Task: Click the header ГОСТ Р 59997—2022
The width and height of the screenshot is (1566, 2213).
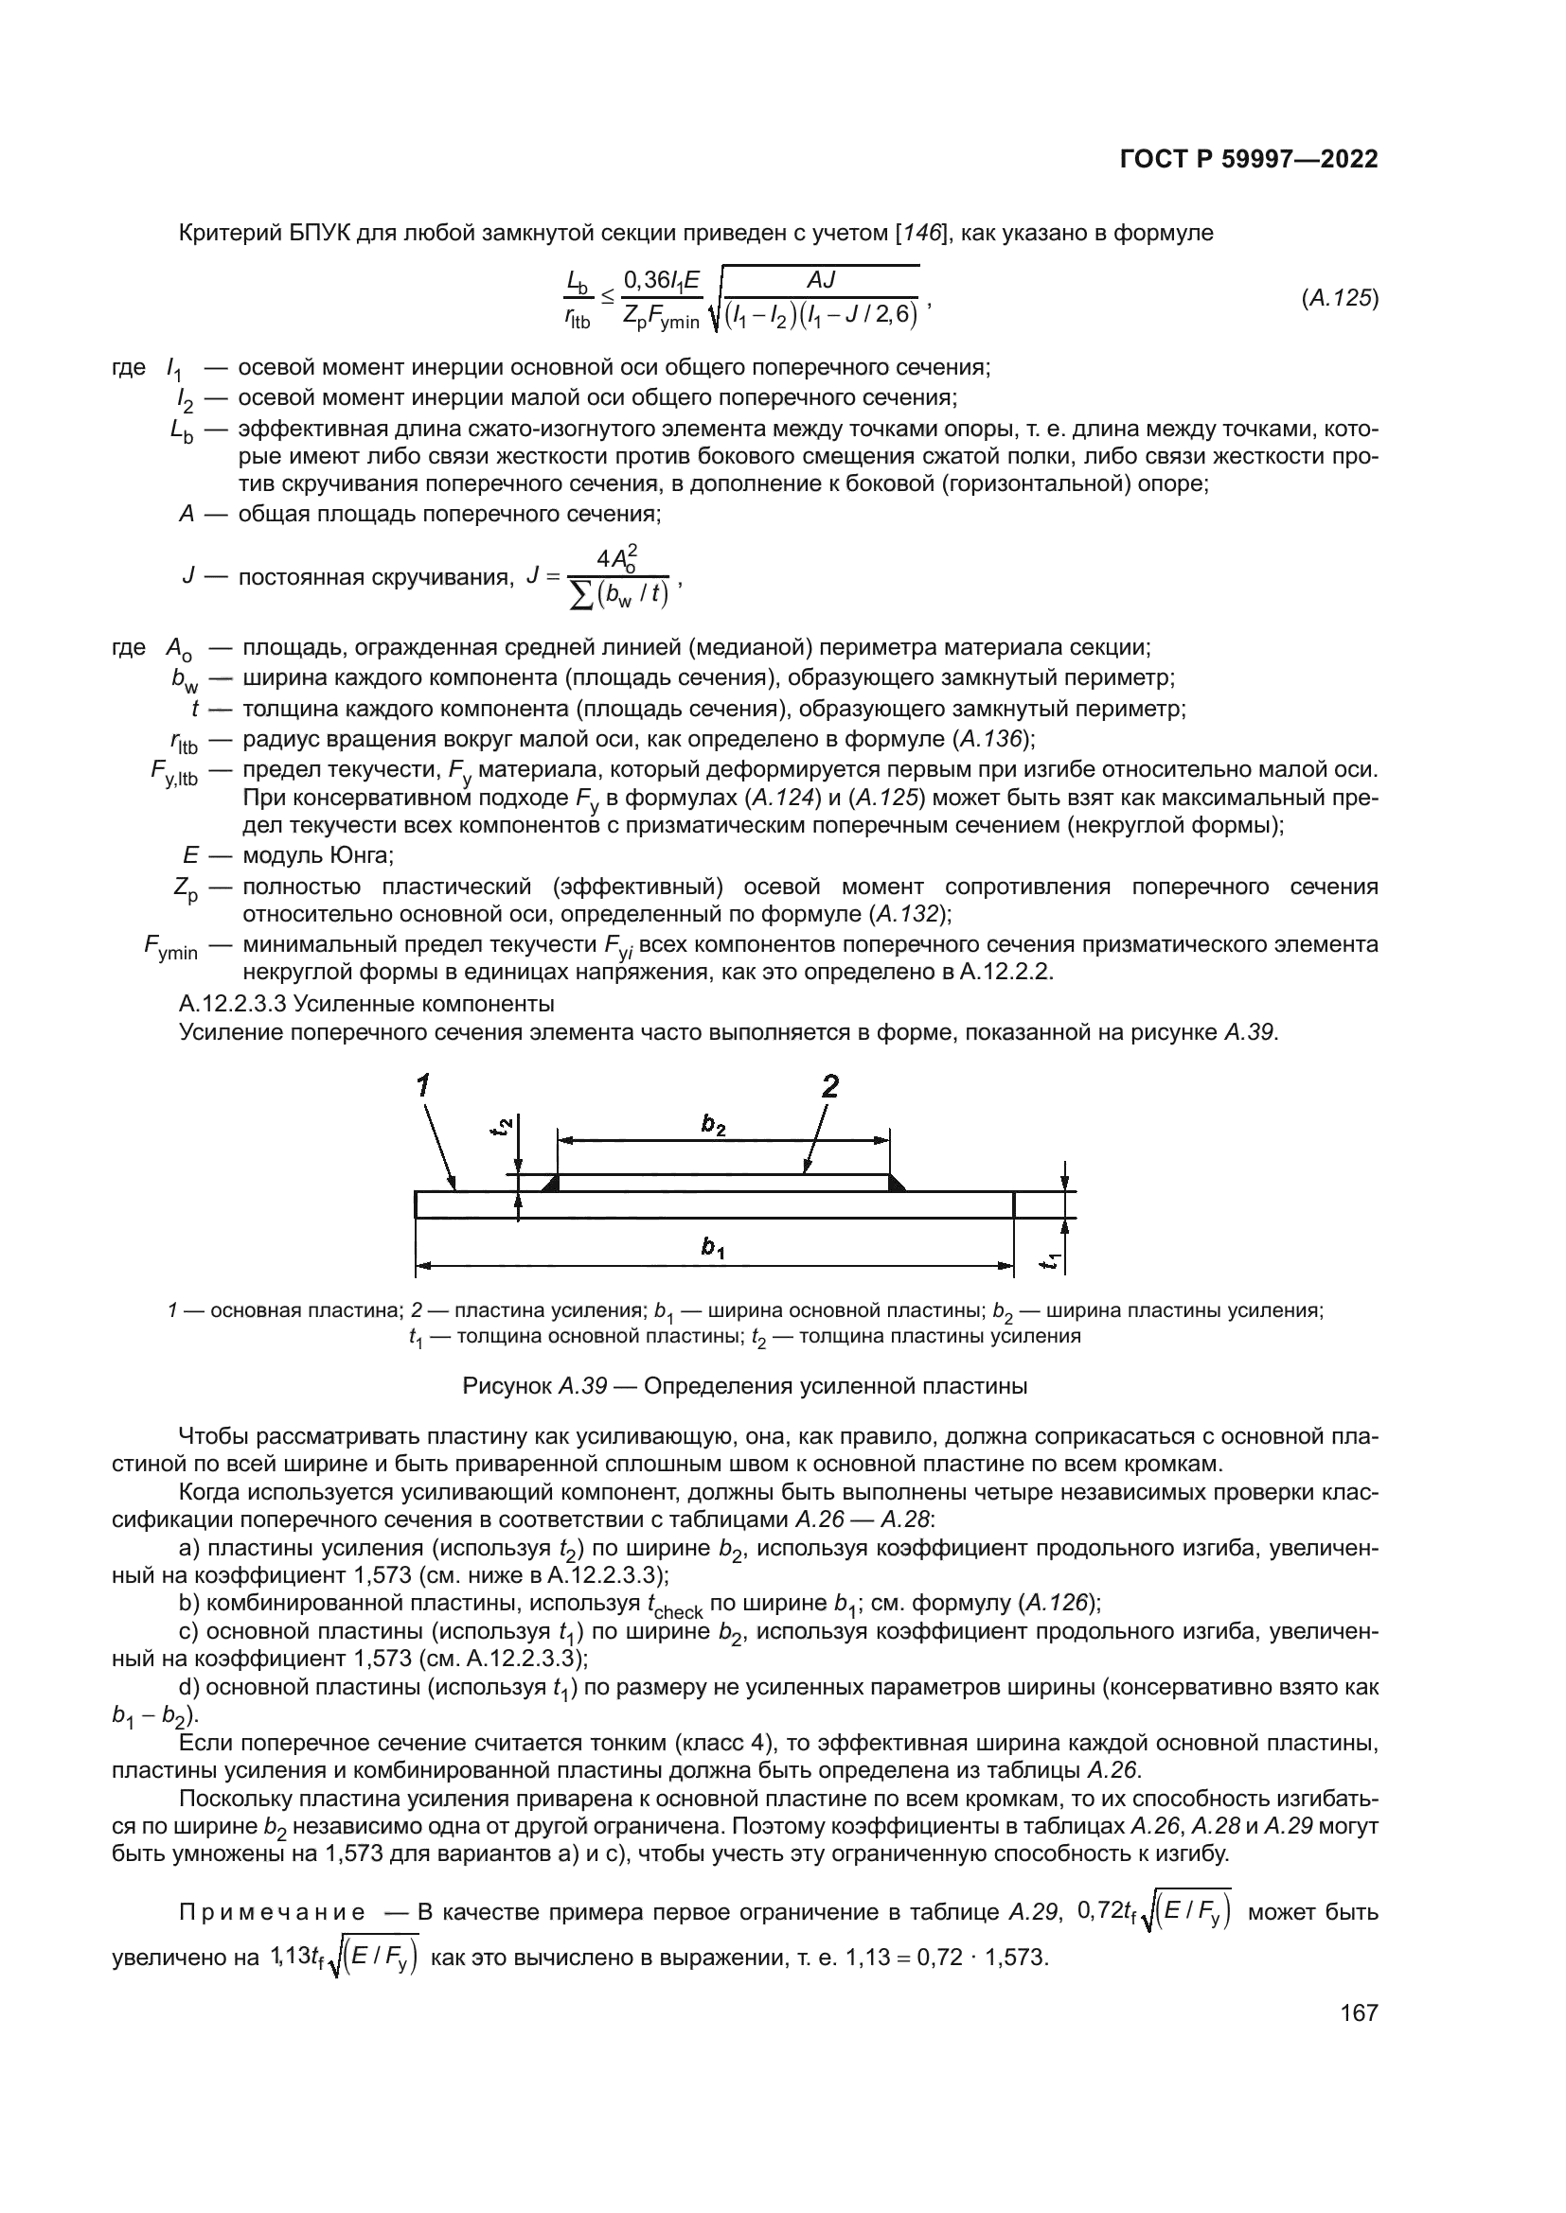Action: [1248, 160]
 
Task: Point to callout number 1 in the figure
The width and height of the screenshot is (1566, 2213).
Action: [422, 1087]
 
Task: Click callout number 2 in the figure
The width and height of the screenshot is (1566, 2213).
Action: [828, 1087]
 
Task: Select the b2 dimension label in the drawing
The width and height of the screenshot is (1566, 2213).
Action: [713, 1124]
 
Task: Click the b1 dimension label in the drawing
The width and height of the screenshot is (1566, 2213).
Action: [713, 1248]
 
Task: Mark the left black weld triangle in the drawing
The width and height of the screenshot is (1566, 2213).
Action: [552, 1185]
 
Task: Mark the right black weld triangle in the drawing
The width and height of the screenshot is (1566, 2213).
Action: [895, 1185]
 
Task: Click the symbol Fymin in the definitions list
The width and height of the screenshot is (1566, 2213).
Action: [170, 948]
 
